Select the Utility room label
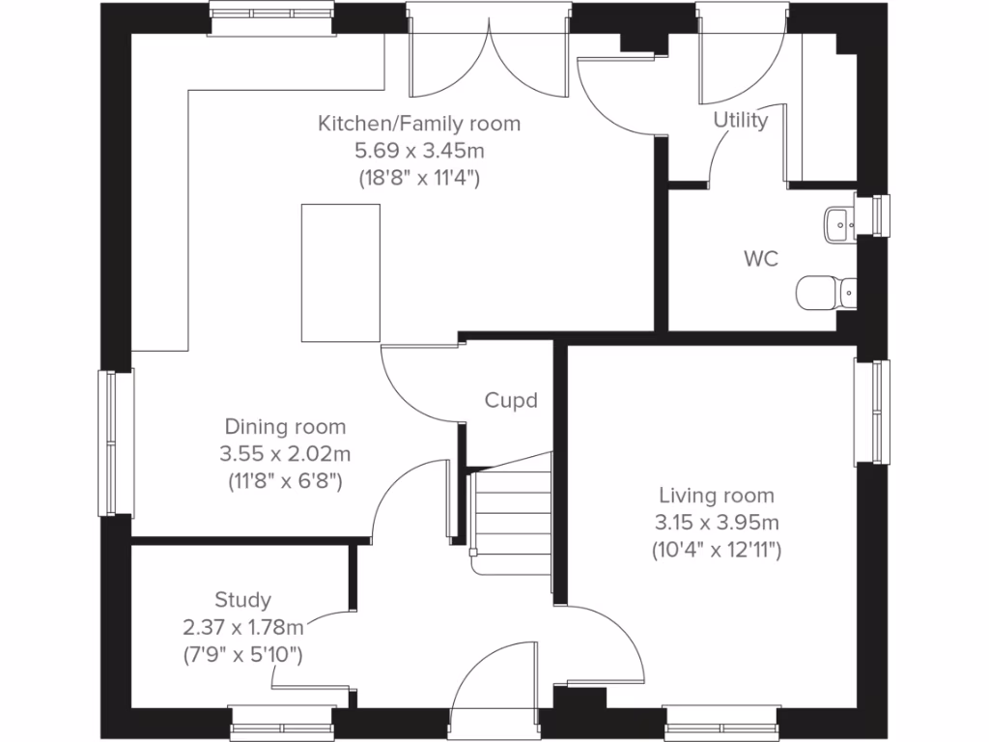pos(741,121)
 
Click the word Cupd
pos(510,400)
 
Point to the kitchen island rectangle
pos(341,272)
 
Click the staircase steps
pos(512,517)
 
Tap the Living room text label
pos(716,496)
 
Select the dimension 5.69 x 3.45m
pos(419,151)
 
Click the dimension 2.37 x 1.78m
pos(243,628)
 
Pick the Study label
pos(242,600)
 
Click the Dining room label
pos(285,426)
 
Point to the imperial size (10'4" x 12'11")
pos(716,551)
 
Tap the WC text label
pos(761,260)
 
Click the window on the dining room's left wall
pos(114,443)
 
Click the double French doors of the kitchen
pos(489,58)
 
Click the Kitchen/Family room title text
pos(419,124)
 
